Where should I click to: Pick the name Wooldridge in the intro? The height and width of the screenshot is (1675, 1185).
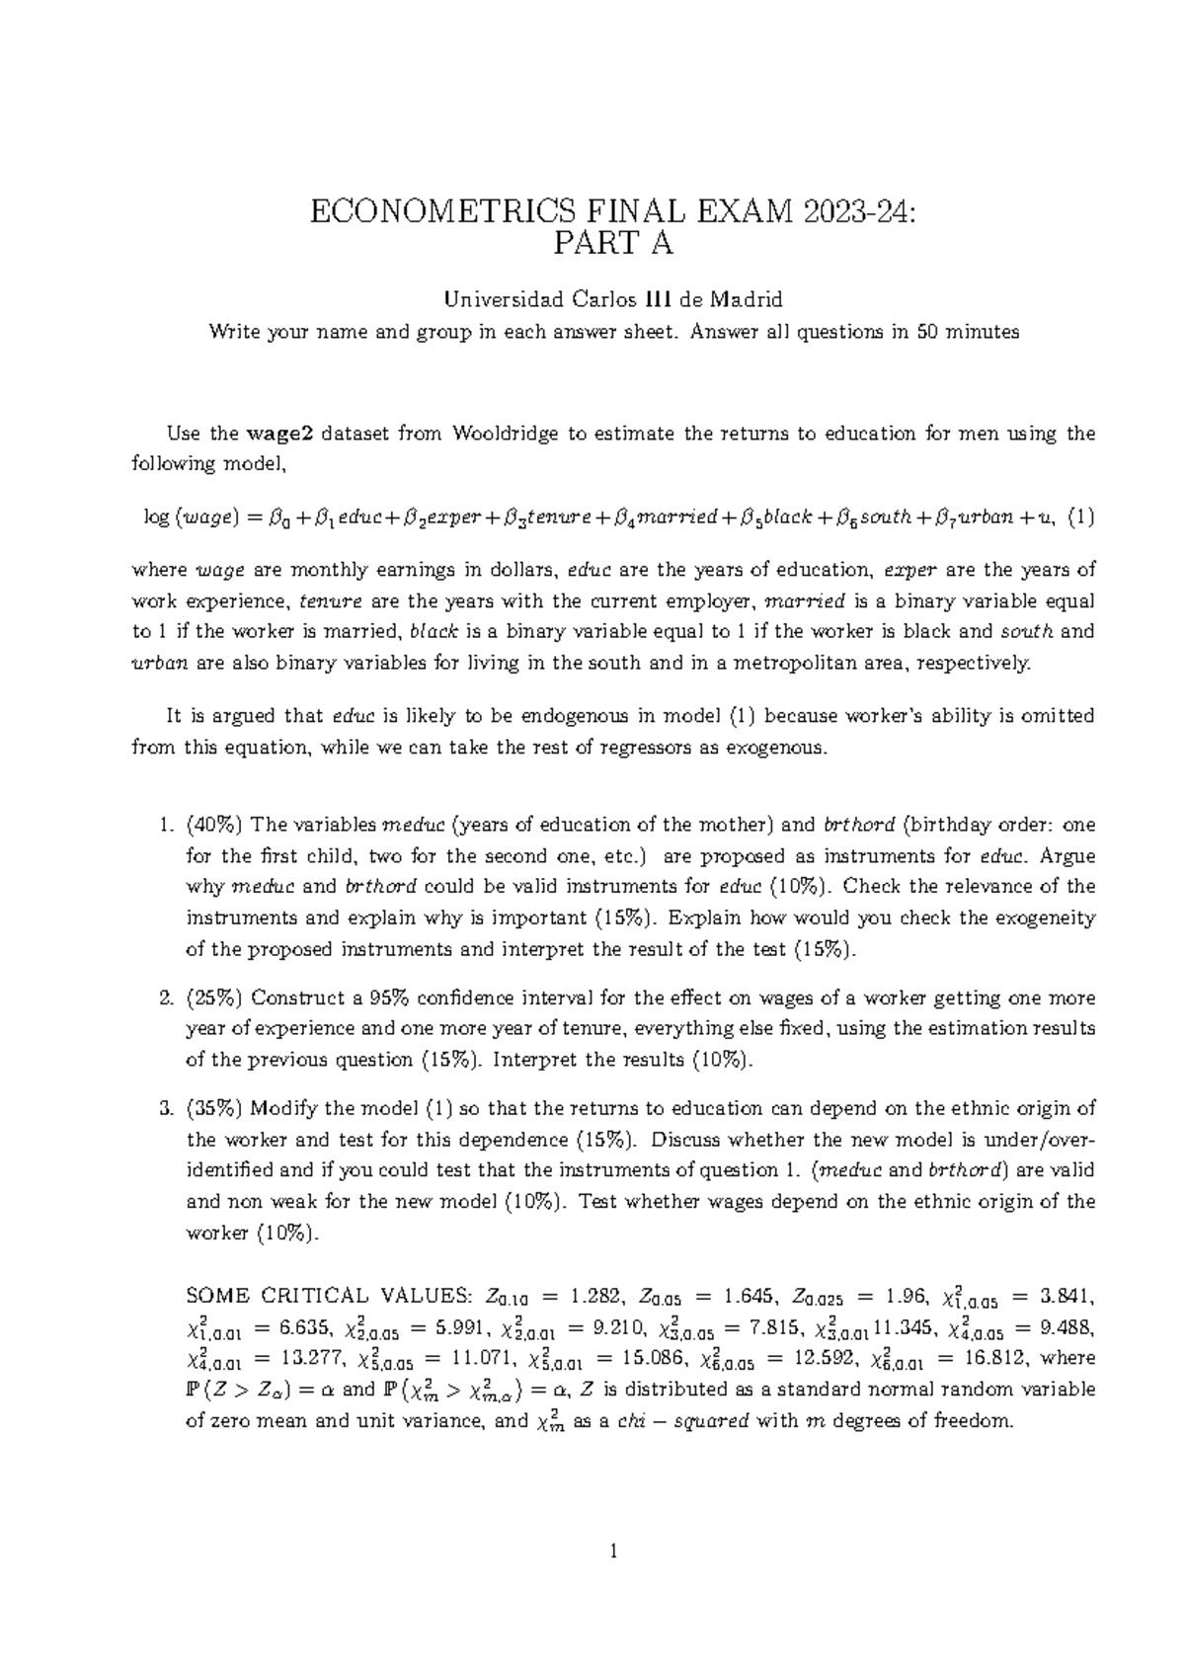point(501,433)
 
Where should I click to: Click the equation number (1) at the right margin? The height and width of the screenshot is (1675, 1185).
point(1082,517)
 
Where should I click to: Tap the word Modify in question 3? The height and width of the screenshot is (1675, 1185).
point(286,1108)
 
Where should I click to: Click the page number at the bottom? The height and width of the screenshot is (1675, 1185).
point(613,1579)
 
